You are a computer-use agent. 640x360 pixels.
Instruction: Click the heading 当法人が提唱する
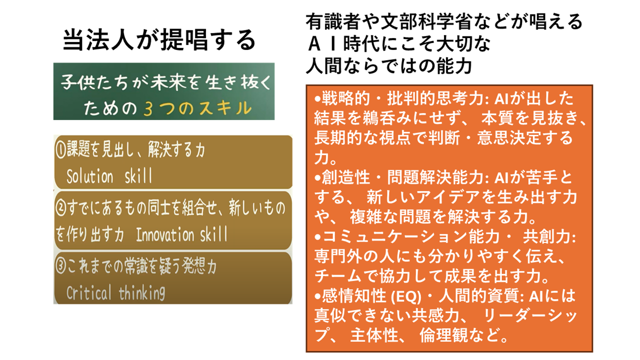pyautogui.click(x=159, y=40)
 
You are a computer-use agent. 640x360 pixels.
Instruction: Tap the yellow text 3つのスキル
pyautogui.click(x=197, y=108)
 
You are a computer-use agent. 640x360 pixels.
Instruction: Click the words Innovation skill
pyautogui.click(x=181, y=234)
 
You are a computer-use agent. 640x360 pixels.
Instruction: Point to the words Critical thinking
pyautogui.click(x=115, y=292)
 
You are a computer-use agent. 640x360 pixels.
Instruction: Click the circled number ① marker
pyautogui.click(x=60, y=149)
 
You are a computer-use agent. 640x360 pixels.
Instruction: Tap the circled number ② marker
pyautogui.click(x=61, y=208)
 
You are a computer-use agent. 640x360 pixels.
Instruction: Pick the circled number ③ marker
pyautogui.click(x=61, y=266)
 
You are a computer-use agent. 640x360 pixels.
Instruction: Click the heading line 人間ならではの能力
pyautogui.click(x=389, y=66)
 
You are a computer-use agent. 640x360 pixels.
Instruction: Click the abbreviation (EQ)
pyautogui.click(x=405, y=296)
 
